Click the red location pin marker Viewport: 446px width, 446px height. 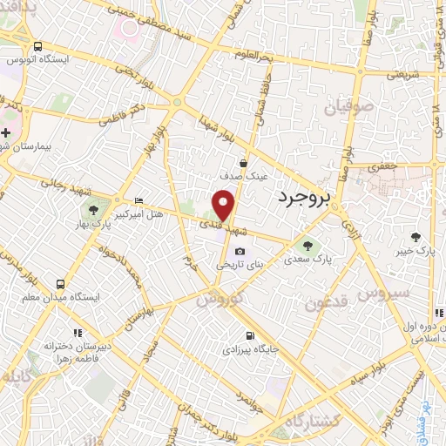click(226, 206)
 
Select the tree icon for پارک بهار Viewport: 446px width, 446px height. click(94, 210)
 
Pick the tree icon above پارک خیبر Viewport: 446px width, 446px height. click(416, 236)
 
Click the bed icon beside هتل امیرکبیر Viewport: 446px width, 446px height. click(139, 201)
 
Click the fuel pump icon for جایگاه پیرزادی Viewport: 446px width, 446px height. click(251, 336)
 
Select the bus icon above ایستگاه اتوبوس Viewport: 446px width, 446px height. click(37, 46)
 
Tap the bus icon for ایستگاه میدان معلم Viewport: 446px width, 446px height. click(60, 284)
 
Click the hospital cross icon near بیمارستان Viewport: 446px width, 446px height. click(5, 132)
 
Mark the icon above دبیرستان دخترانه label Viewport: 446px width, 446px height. click(78, 332)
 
